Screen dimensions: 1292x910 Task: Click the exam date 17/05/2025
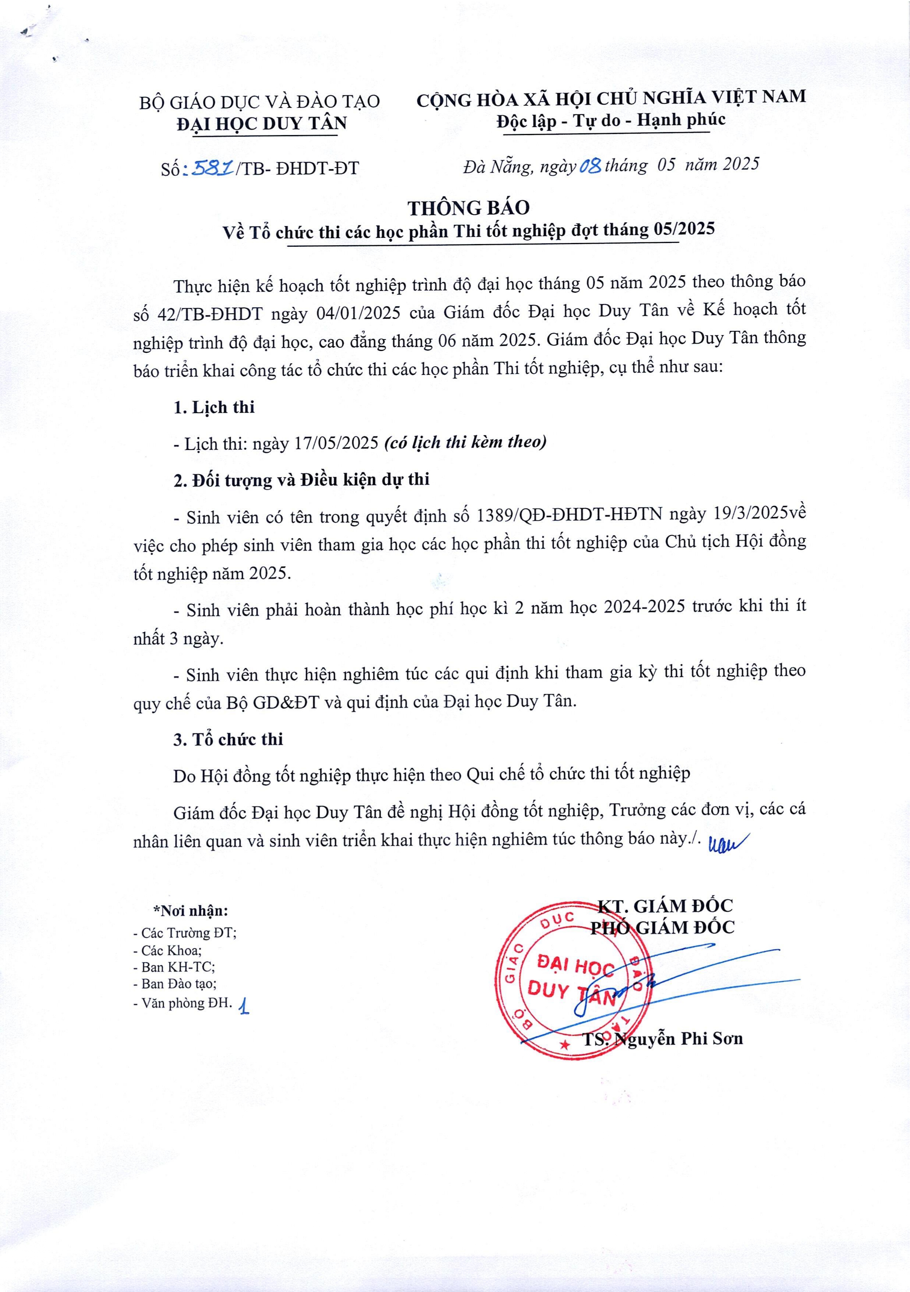point(336,443)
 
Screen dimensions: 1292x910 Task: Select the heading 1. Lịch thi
point(214,407)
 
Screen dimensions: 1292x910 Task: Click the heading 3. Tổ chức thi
point(228,739)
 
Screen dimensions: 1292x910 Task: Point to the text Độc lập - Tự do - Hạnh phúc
point(611,120)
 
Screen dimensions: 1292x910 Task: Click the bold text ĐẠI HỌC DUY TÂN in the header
point(262,123)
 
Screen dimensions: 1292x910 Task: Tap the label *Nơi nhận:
point(191,911)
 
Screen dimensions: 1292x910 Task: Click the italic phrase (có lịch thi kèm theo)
point(465,442)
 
